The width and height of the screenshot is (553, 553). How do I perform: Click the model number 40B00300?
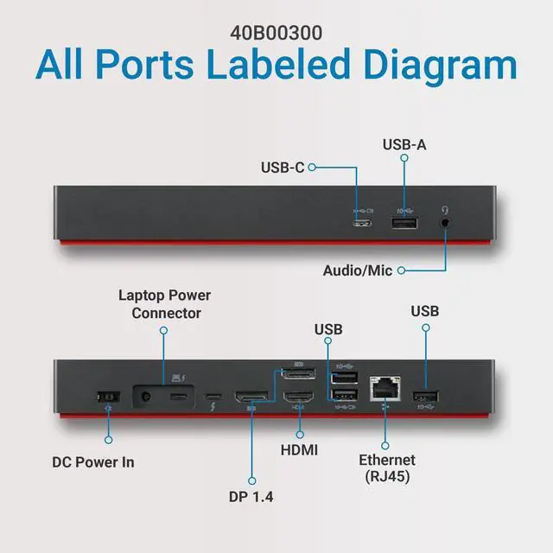276,34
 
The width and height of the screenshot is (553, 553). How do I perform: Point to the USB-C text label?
282,167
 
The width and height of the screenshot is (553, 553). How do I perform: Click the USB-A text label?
404,144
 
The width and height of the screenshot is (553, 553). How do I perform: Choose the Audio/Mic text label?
358,270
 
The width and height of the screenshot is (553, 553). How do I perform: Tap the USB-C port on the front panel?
364,224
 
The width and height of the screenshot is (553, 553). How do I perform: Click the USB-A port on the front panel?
404,224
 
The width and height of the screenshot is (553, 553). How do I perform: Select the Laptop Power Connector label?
165,304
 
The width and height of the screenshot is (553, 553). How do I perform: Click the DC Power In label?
93,461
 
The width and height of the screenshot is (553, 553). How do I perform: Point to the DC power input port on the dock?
108,398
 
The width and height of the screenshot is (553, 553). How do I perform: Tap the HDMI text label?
299,450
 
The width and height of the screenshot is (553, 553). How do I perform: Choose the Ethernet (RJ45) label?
387,467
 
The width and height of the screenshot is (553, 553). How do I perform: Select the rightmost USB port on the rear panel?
426,398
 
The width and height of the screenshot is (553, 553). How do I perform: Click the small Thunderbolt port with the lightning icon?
213,399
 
